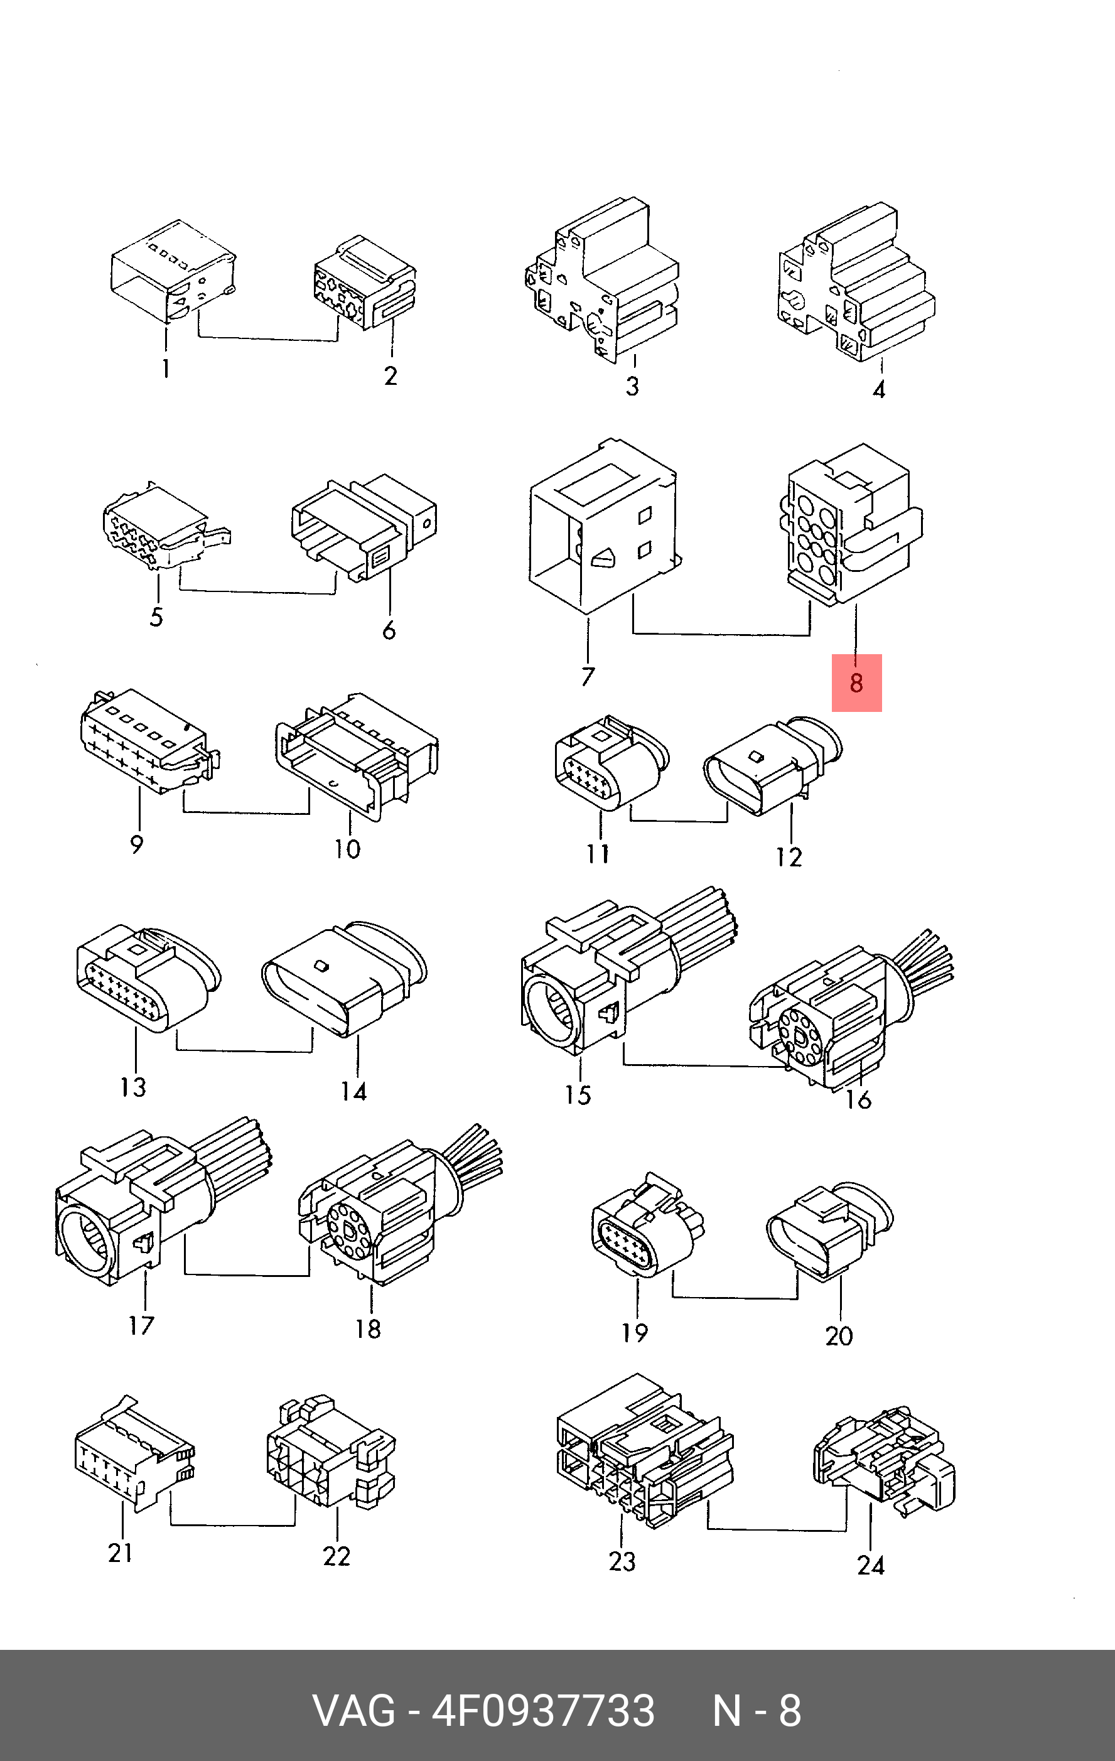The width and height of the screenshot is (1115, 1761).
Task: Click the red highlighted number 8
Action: (856, 683)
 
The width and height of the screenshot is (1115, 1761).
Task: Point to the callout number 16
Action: (858, 1099)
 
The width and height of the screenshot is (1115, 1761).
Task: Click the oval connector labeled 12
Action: (773, 766)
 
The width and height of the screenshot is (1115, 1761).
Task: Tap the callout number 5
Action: (156, 617)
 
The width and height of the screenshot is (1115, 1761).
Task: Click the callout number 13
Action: (134, 1087)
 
